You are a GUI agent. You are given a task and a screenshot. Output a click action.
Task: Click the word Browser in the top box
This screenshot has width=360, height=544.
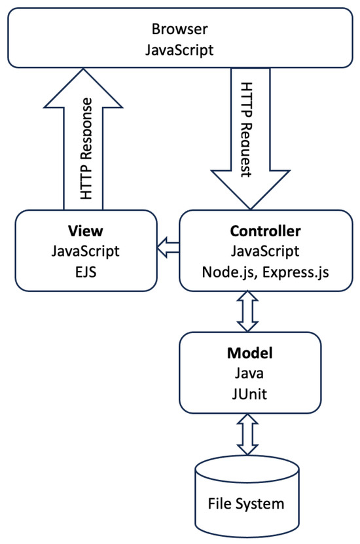click(179, 29)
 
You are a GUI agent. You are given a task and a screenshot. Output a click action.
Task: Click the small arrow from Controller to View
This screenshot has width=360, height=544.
click(168, 247)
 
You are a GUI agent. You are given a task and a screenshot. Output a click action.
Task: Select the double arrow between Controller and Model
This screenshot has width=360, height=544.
click(250, 311)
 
